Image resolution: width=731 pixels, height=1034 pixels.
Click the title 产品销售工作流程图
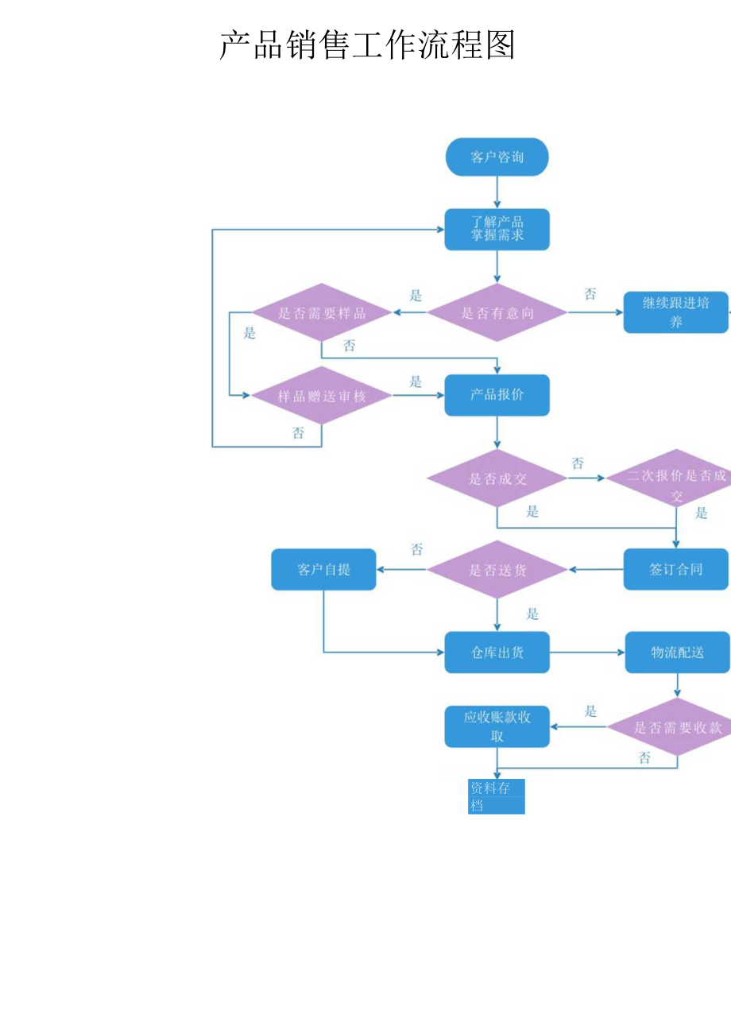point(367,45)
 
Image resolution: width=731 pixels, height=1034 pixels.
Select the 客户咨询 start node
point(497,157)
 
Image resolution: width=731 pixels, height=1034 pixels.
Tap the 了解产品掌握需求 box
point(497,229)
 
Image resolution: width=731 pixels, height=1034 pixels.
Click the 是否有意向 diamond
point(497,313)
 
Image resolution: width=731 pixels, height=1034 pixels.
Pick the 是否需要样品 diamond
point(322,313)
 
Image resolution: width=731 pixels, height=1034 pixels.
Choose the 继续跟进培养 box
point(675,312)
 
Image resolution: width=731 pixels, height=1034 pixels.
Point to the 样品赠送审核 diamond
point(322,396)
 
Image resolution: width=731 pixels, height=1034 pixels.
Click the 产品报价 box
point(497,395)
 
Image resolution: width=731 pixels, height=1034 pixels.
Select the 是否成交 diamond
point(497,478)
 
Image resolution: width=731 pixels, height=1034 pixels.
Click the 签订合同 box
point(675,569)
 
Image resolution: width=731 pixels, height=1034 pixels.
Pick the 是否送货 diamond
point(497,569)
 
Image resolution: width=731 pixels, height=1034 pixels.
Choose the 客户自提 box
point(323,569)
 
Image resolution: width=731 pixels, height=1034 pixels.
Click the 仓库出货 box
point(497,653)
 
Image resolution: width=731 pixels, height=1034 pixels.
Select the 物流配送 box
point(677,653)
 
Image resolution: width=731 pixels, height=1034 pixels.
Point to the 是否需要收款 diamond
point(675,727)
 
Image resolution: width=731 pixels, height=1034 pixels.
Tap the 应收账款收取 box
point(497,726)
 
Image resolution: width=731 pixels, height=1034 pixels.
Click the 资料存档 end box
point(497,796)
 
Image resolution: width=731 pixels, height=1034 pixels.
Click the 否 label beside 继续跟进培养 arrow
point(590,295)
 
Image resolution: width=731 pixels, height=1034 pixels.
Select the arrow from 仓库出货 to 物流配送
point(587,653)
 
